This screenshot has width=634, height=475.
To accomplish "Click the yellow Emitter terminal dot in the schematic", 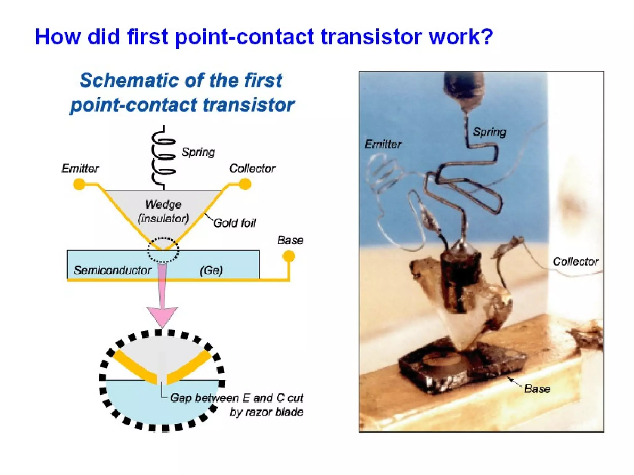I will click(x=79, y=184).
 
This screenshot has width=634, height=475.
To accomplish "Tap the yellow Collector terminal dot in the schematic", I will click(x=245, y=184).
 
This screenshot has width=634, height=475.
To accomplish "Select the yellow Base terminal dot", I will click(x=289, y=256).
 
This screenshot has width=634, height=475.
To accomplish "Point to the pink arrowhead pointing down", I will click(x=162, y=315).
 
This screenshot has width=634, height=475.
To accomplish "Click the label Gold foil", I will click(x=235, y=223).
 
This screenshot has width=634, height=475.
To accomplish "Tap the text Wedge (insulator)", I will click(x=163, y=212).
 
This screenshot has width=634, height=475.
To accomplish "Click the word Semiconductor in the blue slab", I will click(x=112, y=270).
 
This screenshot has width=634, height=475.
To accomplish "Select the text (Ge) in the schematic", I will click(x=211, y=271).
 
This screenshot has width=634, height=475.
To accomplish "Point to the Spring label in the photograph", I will click(x=489, y=132).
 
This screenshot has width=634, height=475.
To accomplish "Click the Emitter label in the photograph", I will click(x=383, y=144).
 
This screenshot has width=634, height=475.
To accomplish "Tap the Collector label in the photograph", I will click(x=575, y=262).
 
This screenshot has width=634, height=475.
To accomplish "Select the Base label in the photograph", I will click(x=537, y=389).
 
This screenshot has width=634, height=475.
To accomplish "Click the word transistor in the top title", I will click(x=371, y=37).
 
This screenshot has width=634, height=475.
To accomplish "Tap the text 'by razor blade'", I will click(x=266, y=412).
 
